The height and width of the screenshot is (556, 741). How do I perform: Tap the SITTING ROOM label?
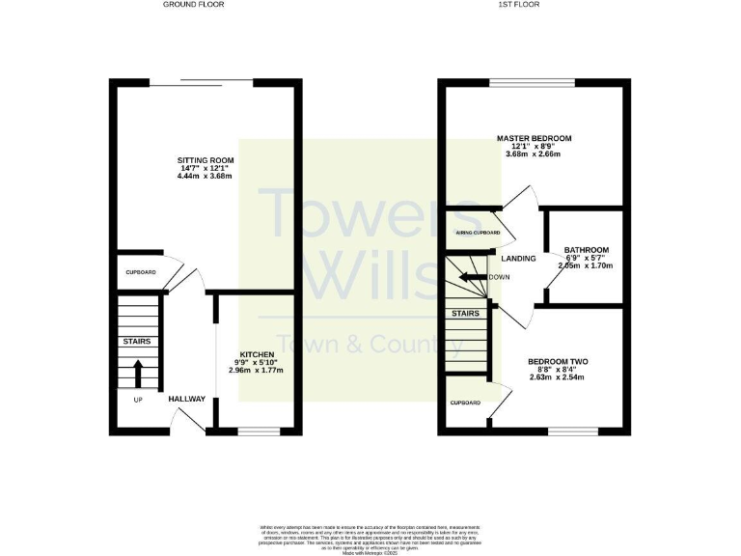click(201, 160)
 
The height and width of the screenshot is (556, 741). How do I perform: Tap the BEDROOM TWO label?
click(558, 362)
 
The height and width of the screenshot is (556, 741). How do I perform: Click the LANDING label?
click(518, 259)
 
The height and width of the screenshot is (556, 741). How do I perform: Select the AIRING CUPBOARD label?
click(477, 233)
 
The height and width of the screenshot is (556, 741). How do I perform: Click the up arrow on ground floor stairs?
click(137, 370)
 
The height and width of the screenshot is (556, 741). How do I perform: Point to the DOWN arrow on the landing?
click(473, 277)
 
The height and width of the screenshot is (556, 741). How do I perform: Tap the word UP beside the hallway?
click(138, 398)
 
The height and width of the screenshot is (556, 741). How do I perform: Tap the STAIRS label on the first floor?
click(466, 314)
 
